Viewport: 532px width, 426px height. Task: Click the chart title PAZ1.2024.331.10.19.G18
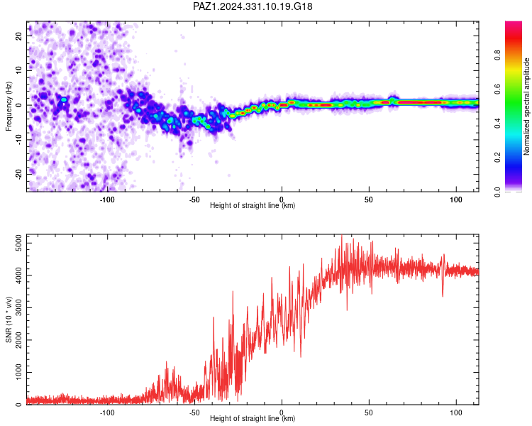pyautogui.click(x=253, y=6)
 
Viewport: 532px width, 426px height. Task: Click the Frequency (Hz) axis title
pyautogui.click(x=9, y=106)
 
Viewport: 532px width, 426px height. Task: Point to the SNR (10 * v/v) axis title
pyautogui.click(x=9, y=319)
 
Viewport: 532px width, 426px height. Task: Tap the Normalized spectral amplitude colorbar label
pyautogui.click(x=526, y=106)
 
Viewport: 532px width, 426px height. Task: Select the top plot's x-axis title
pyautogui.click(x=253, y=205)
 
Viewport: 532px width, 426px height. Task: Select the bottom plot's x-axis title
pyautogui.click(x=253, y=418)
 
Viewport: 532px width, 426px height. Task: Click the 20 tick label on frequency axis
pyautogui.click(x=18, y=36)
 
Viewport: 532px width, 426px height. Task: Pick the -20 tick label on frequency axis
pyautogui.click(x=18, y=174)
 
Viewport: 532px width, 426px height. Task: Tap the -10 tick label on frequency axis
pyautogui.click(x=18, y=140)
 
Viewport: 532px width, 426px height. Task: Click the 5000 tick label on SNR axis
pyautogui.click(x=18, y=243)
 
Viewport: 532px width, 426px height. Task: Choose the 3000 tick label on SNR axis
pyautogui.click(x=18, y=307)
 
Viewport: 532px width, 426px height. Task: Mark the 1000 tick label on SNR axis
pyautogui.click(x=18, y=372)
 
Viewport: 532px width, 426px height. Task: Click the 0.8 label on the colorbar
pyautogui.click(x=497, y=55)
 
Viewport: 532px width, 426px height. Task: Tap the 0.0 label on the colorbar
pyautogui.click(x=497, y=192)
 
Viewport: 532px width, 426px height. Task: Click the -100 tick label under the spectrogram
pyautogui.click(x=107, y=200)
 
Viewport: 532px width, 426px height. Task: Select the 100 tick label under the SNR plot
pyautogui.click(x=456, y=413)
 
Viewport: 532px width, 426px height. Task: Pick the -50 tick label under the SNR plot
pyautogui.click(x=194, y=413)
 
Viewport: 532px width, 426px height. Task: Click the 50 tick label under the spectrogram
pyautogui.click(x=369, y=200)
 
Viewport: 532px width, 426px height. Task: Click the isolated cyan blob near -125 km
pyautogui.click(x=64, y=99)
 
